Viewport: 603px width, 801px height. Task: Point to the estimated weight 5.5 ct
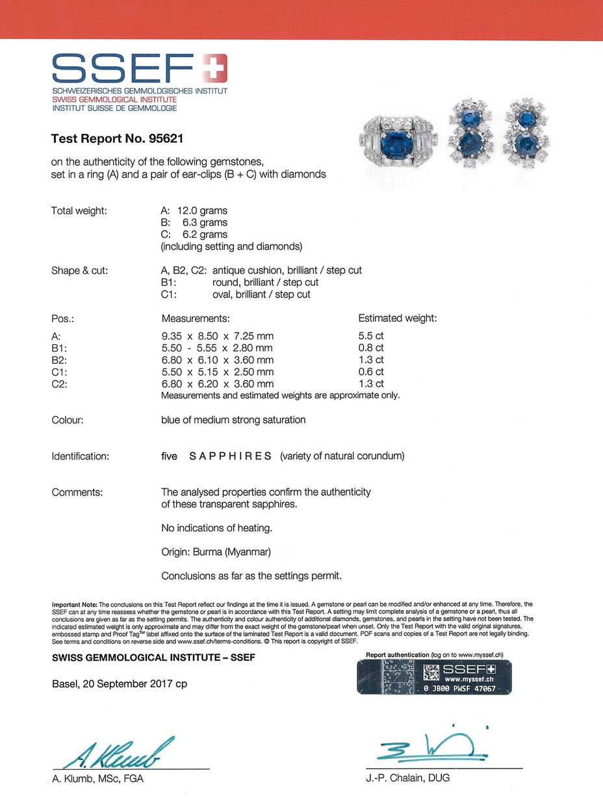[372, 336]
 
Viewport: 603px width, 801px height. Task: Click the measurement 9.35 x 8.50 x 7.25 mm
[217, 336]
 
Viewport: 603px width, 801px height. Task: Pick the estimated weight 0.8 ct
[372, 348]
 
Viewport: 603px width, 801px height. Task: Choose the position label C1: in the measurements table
[60, 372]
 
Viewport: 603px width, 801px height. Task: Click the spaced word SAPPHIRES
[230, 456]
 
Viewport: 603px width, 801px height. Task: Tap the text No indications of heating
[216, 528]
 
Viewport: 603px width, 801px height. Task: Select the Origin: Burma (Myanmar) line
[216, 552]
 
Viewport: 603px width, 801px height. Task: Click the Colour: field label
[68, 420]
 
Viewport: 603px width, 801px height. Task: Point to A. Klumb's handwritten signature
[119, 753]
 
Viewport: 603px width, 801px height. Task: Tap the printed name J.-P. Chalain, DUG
[407, 778]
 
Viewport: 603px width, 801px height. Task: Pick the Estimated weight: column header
[398, 318]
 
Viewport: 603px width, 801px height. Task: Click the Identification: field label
[80, 456]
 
